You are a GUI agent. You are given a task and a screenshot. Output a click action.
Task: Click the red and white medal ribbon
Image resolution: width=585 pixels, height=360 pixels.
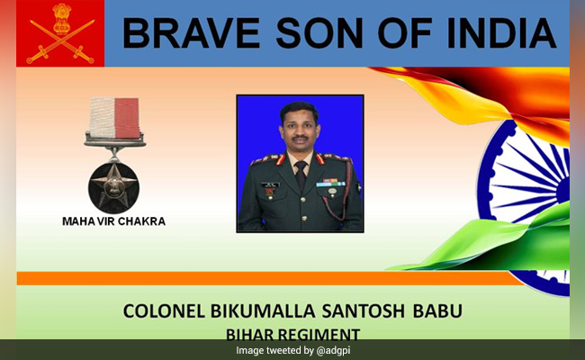pyautogui.click(x=114, y=117)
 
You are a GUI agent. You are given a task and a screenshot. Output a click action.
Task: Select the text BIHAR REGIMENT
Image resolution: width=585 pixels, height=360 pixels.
pyautogui.click(x=292, y=334)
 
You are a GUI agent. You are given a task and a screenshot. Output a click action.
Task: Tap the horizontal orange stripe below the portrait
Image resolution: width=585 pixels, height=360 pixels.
pyautogui.click(x=270, y=279)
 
